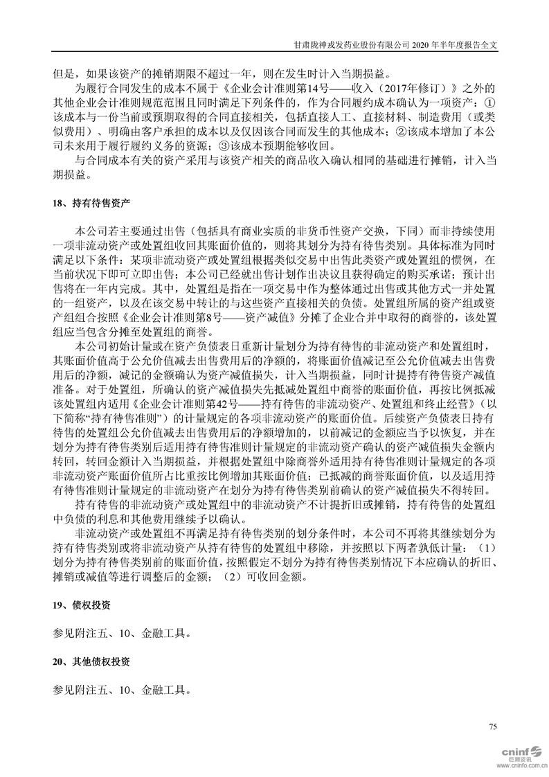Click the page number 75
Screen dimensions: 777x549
[493, 726]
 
